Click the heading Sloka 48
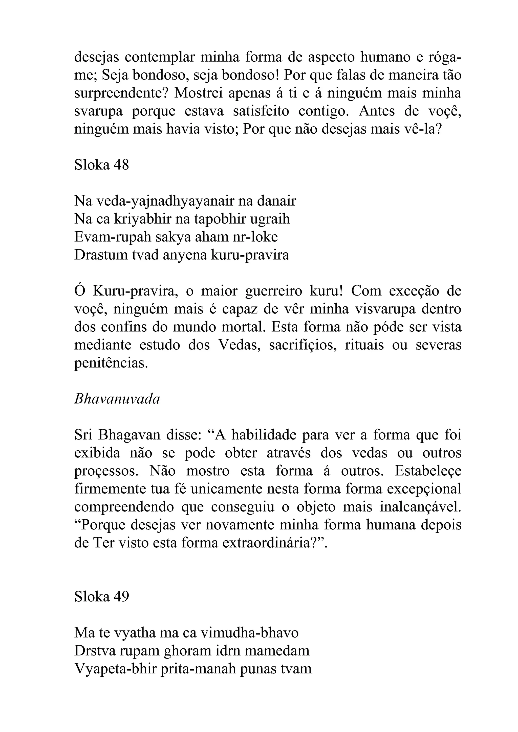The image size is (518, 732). click(x=101, y=165)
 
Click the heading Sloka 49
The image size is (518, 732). click(x=101, y=596)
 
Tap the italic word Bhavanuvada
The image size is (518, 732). click(x=117, y=399)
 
